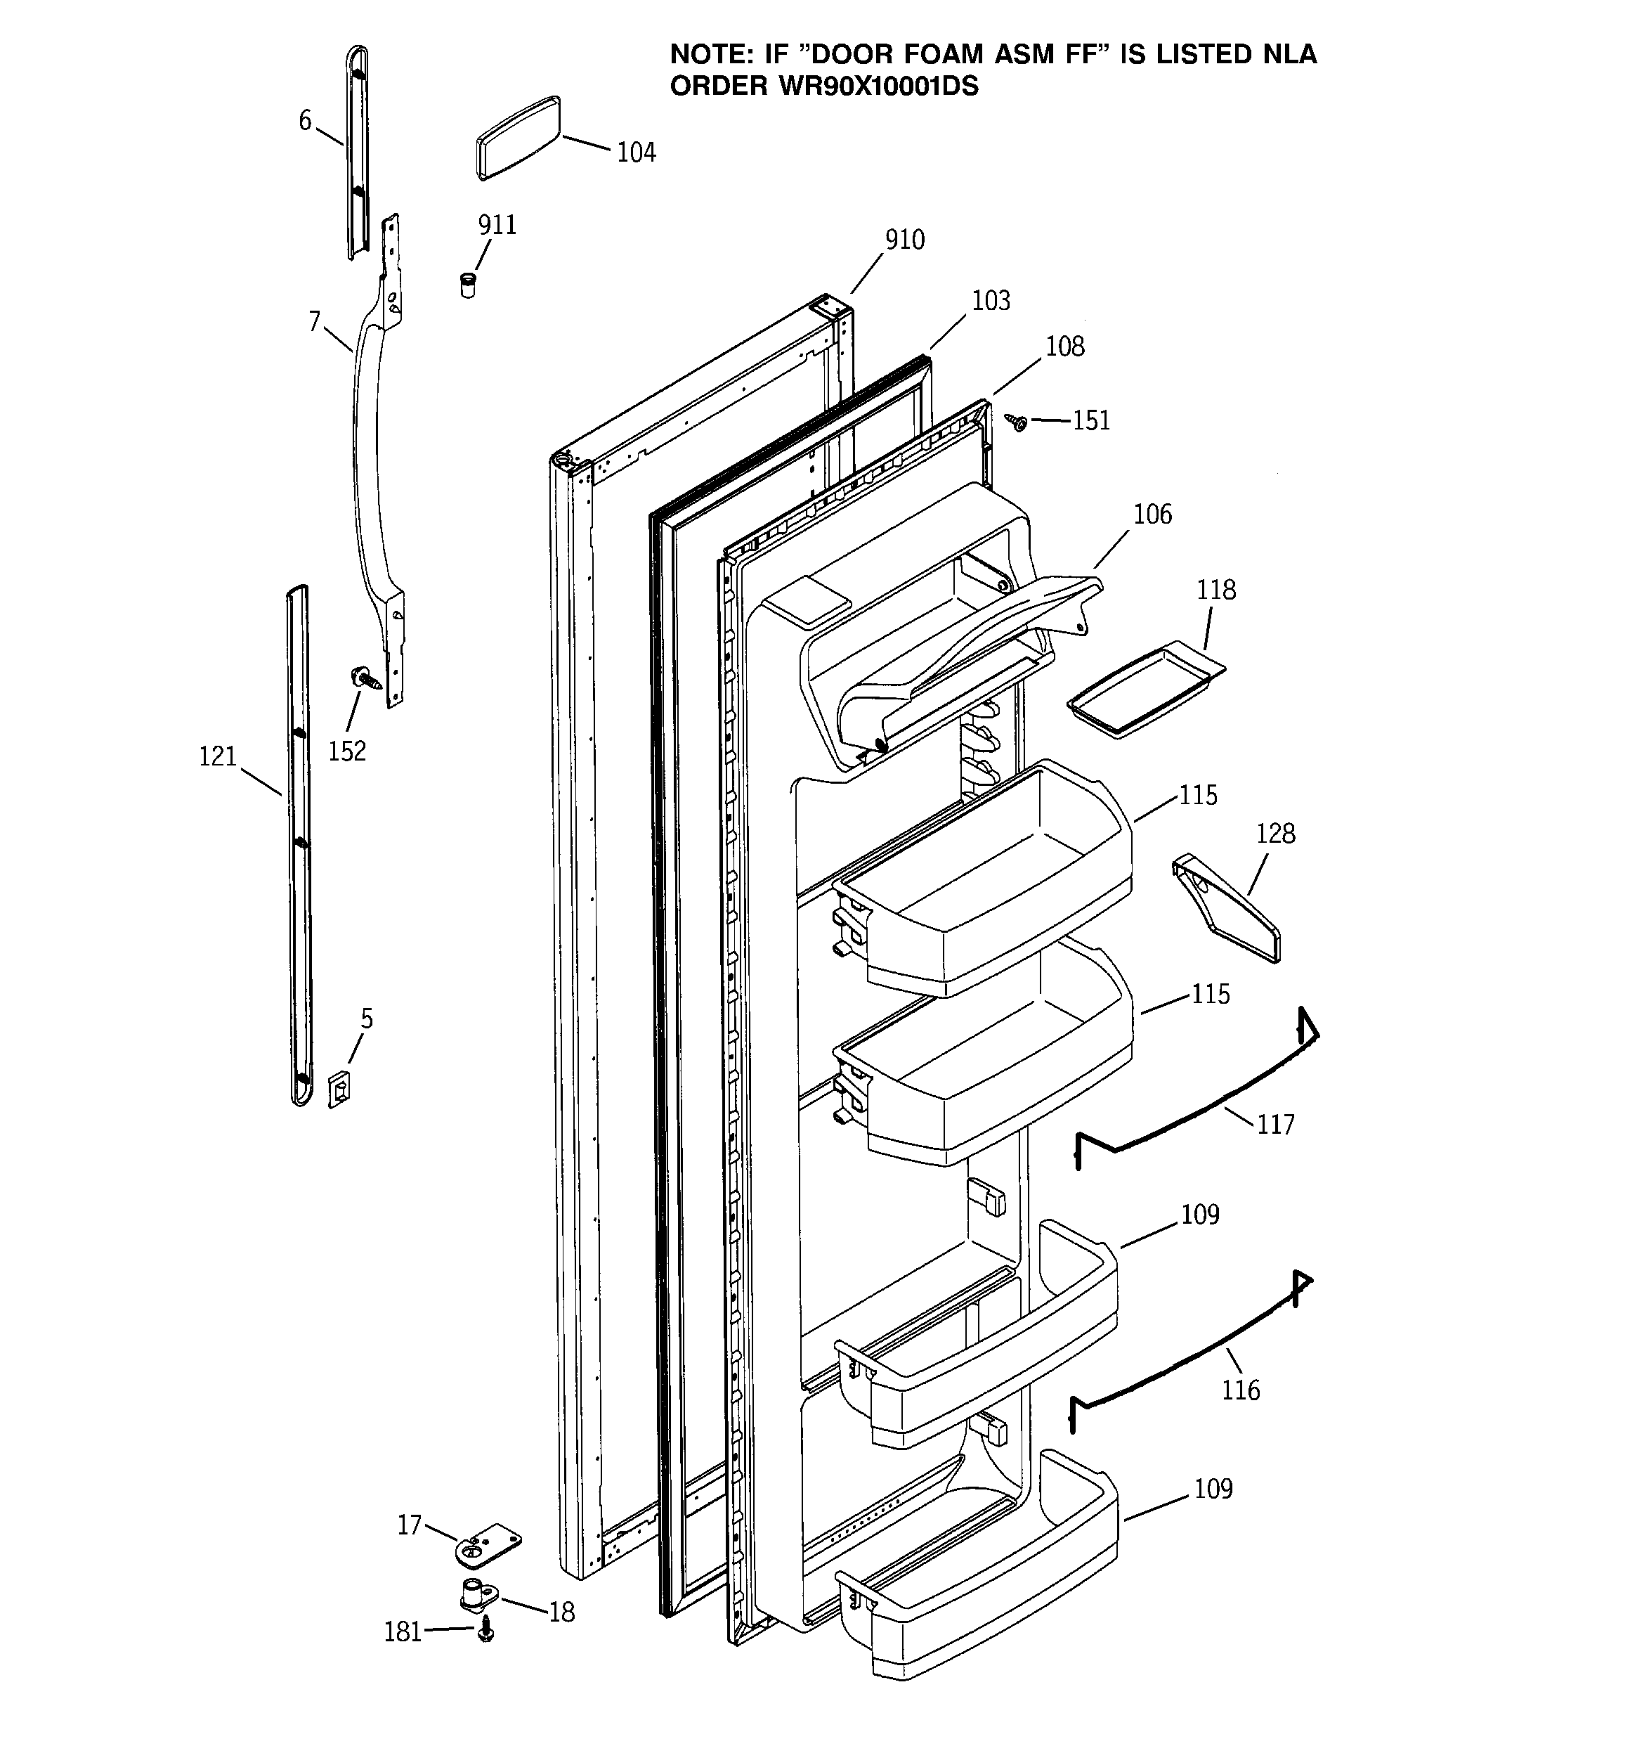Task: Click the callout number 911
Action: pyautogui.click(x=497, y=225)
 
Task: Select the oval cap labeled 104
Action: pyautogui.click(x=518, y=138)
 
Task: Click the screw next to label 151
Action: pyautogui.click(x=1018, y=422)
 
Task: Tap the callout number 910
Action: pyautogui.click(x=904, y=240)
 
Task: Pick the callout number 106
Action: pyautogui.click(x=1152, y=514)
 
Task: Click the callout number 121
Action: pyautogui.click(x=218, y=756)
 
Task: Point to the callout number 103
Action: pyautogui.click(x=991, y=301)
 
